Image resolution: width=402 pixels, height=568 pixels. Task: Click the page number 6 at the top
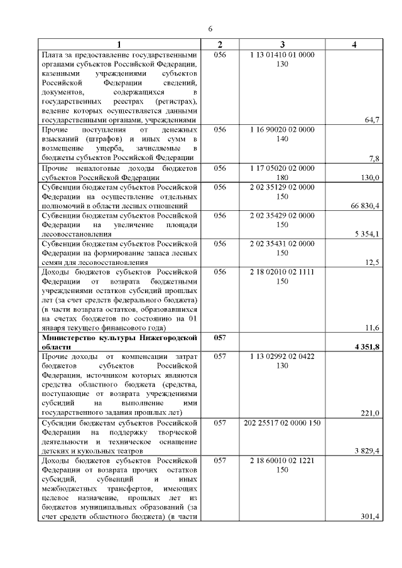(x=210, y=28)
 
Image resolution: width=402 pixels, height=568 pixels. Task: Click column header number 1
(x=119, y=45)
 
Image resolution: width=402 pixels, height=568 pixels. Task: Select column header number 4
(x=354, y=45)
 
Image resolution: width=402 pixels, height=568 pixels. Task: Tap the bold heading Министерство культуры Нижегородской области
(x=119, y=342)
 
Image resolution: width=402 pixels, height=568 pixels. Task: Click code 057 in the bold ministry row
(x=219, y=338)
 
